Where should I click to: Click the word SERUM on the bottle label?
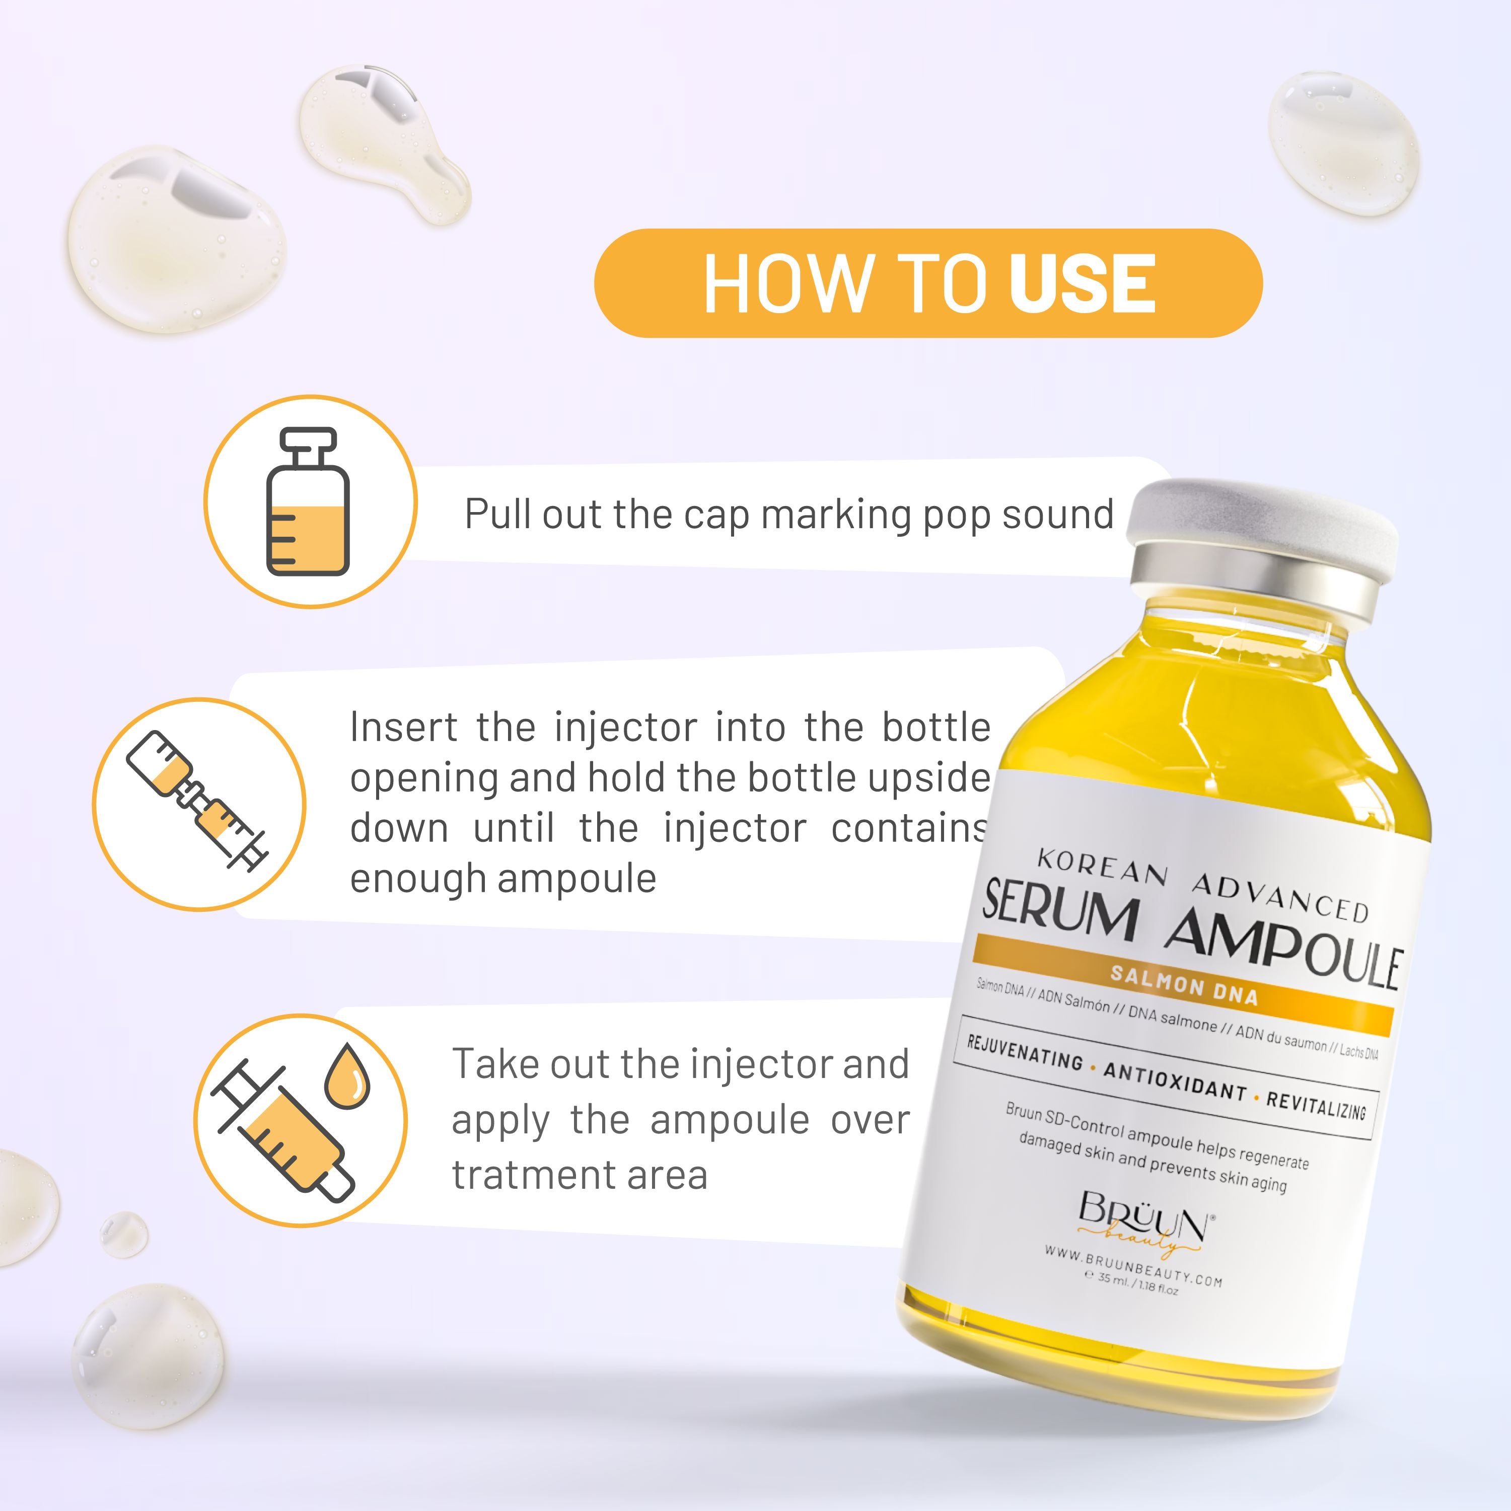[1060, 911]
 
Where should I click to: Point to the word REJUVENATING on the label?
[1025, 1053]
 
